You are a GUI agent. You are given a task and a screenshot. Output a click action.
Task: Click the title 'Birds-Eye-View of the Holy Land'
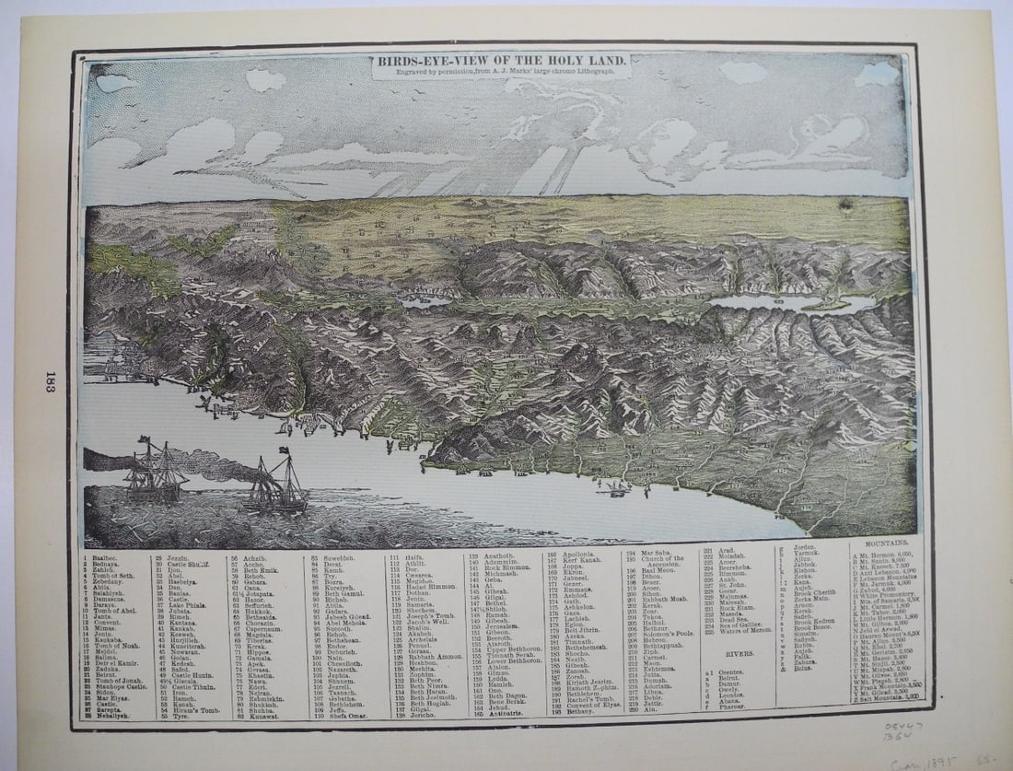pos(501,61)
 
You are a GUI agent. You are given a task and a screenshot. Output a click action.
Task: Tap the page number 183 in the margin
pos(50,381)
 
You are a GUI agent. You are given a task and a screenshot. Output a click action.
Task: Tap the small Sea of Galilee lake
pos(425,300)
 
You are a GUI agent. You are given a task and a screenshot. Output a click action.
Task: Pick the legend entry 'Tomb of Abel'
pos(116,611)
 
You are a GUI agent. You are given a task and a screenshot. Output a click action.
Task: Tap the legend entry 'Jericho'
pos(424,714)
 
